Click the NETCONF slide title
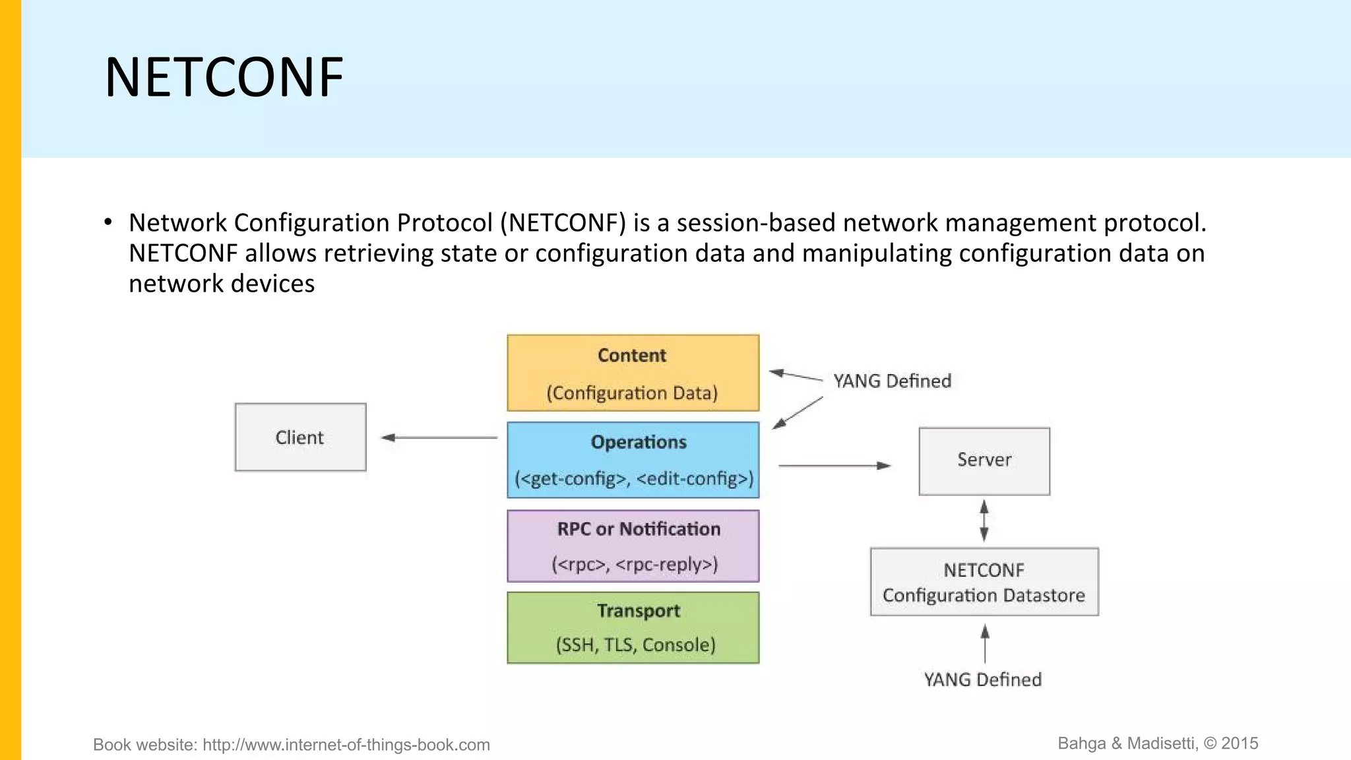[224, 78]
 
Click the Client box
[300, 437]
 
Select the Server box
[984, 460]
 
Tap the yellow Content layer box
[633, 373]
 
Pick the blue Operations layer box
[633, 460]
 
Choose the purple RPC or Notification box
[633, 546]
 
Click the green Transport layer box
[633, 627]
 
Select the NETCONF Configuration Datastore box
[984, 582]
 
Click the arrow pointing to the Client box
[439, 437]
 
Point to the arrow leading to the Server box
[834, 466]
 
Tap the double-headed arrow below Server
[984, 521]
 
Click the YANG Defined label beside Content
[892, 381]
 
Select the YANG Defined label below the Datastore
[982, 680]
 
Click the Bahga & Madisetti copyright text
[1158, 744]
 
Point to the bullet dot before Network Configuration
[108, 222]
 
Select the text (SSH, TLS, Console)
[635, 645]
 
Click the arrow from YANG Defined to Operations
[798, 413]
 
